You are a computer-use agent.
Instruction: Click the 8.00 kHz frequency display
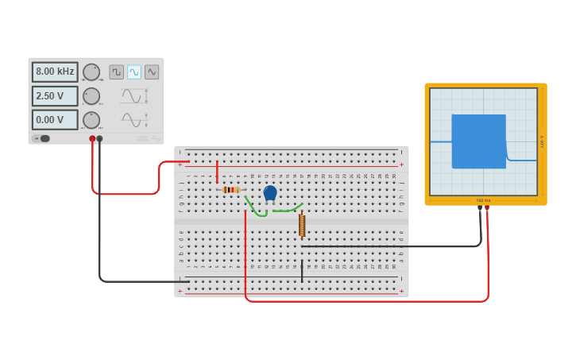tap(55, 72)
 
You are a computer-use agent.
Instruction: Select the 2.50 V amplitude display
tap(55, 96)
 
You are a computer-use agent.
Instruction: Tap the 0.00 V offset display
tap(55, 120)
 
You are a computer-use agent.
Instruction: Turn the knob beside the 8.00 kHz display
tap(91, 72)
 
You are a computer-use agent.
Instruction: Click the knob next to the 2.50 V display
tap(91, 96)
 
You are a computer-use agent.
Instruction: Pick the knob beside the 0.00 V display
tap(91, 120)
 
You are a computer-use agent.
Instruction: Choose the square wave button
tap(116, 72)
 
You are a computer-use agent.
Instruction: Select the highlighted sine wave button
tap(133, 72)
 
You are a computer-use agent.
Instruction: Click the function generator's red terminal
tap(92, 138)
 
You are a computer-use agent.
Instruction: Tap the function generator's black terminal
tap(99, 138)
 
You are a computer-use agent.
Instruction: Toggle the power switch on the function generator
tap(43, 138)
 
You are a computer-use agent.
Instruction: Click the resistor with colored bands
tap(230, 189)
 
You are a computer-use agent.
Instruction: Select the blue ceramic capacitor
tap(270, 192)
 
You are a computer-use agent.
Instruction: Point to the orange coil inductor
tap(302, 226)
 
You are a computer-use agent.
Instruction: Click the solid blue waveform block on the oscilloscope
tap(478, 141)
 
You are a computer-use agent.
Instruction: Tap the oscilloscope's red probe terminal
tap(487, 208)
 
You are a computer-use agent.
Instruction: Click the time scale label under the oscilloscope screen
tap(483, 200)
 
